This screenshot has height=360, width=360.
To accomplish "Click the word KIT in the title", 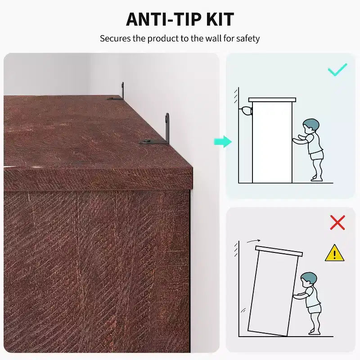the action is click(220, 19).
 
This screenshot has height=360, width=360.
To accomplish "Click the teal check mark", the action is click(337, 70).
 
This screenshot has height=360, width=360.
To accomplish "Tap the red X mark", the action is click(337, 222).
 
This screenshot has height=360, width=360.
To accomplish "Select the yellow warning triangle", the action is click(334, 253).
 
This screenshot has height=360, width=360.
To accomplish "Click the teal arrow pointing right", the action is click(223, 142).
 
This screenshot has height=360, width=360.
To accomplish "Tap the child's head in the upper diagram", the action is click(310, 126).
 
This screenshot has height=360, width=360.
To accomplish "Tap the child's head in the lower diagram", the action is click(309, 279).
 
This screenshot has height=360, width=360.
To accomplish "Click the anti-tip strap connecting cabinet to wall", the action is click(246, 111).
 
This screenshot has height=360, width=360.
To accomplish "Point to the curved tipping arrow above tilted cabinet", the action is click(253, 241).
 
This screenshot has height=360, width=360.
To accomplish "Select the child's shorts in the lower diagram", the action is click(314, 309).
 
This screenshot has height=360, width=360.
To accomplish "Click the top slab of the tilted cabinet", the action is click(279, 251).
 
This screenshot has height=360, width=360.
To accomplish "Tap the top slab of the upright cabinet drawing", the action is click(272, 100).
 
